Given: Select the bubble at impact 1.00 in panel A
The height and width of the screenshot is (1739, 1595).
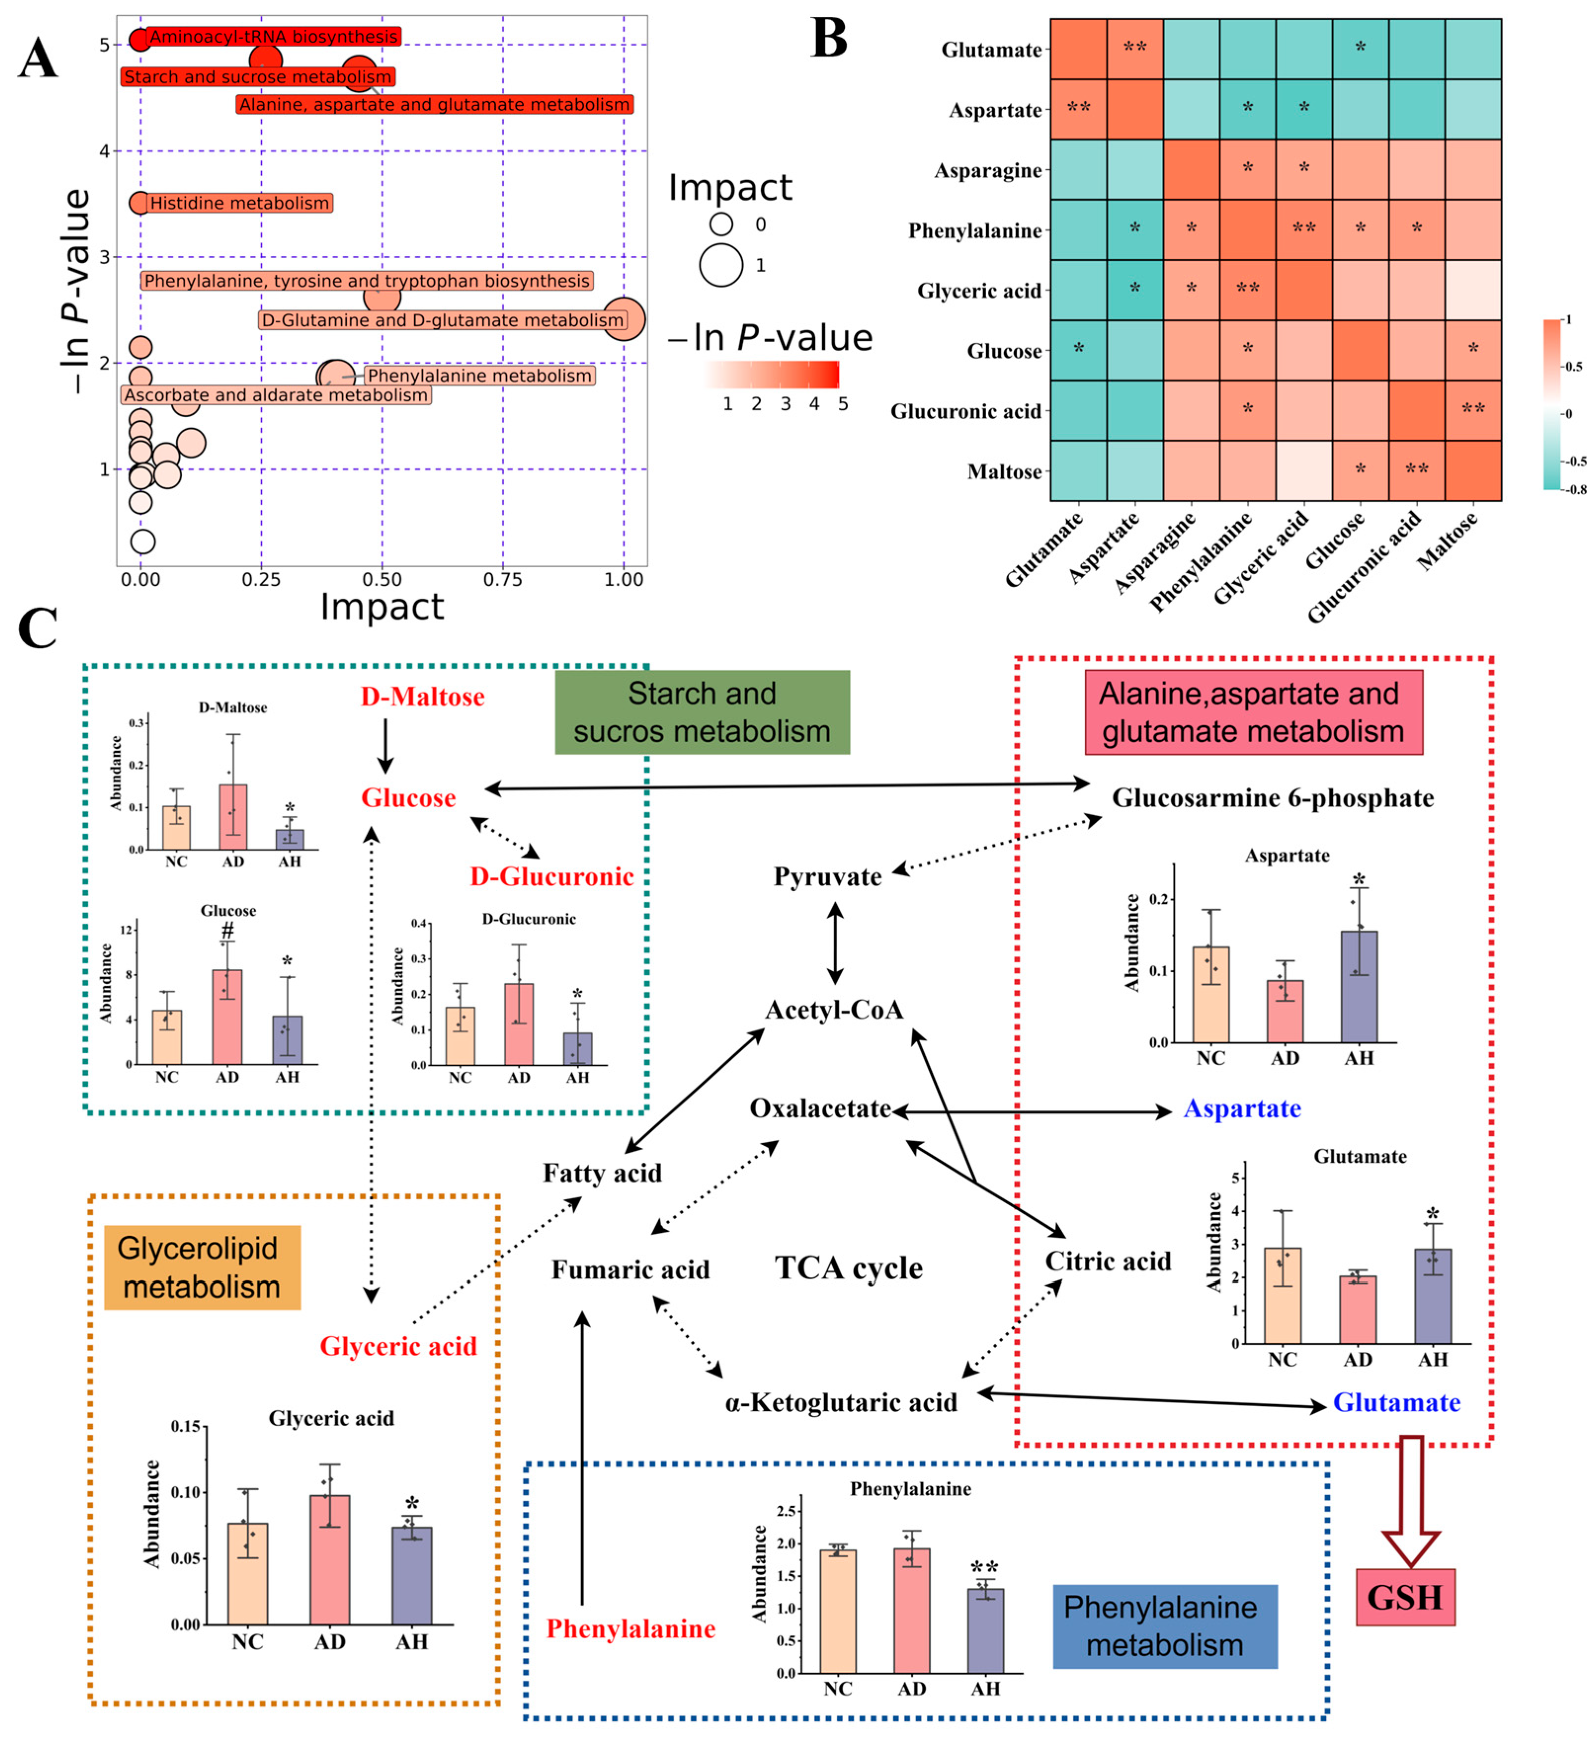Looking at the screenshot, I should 623,319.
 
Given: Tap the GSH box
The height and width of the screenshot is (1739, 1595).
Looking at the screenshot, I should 1405,1597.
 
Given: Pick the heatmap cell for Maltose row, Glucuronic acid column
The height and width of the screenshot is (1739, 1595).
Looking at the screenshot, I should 1416,471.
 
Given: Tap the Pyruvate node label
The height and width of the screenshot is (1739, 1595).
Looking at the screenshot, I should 827,877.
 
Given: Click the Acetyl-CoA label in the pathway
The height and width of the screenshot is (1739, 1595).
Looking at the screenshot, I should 834,1010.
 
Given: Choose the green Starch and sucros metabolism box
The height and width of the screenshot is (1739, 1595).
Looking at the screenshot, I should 702,713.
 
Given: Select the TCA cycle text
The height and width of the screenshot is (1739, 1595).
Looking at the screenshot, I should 848,1268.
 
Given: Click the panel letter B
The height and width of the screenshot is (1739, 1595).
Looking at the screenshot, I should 829,39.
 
